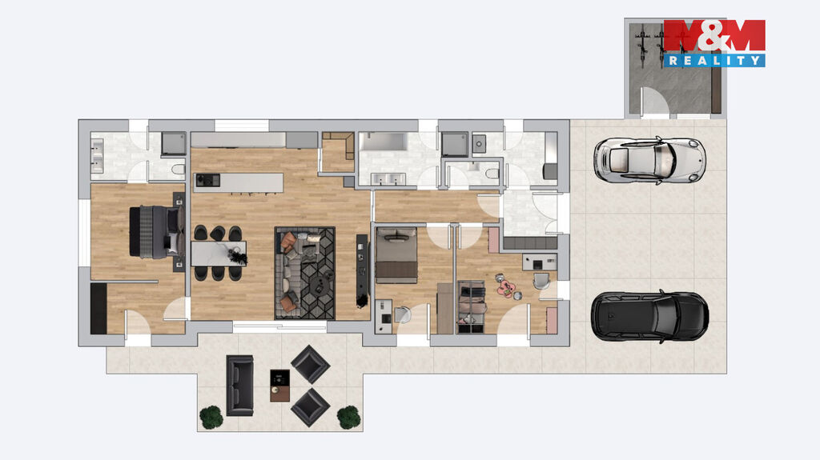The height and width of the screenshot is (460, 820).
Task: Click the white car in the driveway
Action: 649,161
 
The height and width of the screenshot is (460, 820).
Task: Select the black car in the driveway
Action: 650,316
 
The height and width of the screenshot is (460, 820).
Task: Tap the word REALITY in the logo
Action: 714,60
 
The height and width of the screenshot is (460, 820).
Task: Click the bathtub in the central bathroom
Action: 384,142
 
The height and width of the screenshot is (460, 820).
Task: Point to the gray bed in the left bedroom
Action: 156,231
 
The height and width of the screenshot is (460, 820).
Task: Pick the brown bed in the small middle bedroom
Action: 396,255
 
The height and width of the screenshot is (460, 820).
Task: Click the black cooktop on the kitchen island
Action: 207,180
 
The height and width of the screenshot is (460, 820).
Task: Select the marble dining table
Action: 218,254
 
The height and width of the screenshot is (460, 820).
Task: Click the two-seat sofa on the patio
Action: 240,386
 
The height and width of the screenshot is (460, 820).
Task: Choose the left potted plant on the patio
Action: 211,417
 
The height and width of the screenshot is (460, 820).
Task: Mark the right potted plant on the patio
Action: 349,417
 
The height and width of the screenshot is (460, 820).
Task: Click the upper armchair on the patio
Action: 310,364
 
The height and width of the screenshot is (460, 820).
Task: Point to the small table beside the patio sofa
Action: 279,386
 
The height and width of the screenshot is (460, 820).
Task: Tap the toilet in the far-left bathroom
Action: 178,170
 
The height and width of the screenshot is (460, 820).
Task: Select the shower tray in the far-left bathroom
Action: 173,143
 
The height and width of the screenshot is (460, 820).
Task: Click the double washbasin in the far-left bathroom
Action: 97,156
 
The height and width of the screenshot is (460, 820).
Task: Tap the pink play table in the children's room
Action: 506,287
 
